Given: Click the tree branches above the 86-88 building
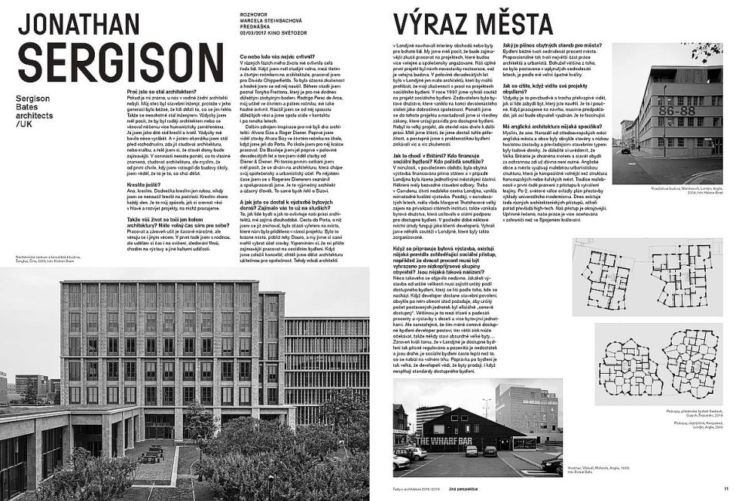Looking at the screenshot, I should click(x=706, y=52).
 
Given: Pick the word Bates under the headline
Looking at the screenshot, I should click(x=29, y=102).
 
